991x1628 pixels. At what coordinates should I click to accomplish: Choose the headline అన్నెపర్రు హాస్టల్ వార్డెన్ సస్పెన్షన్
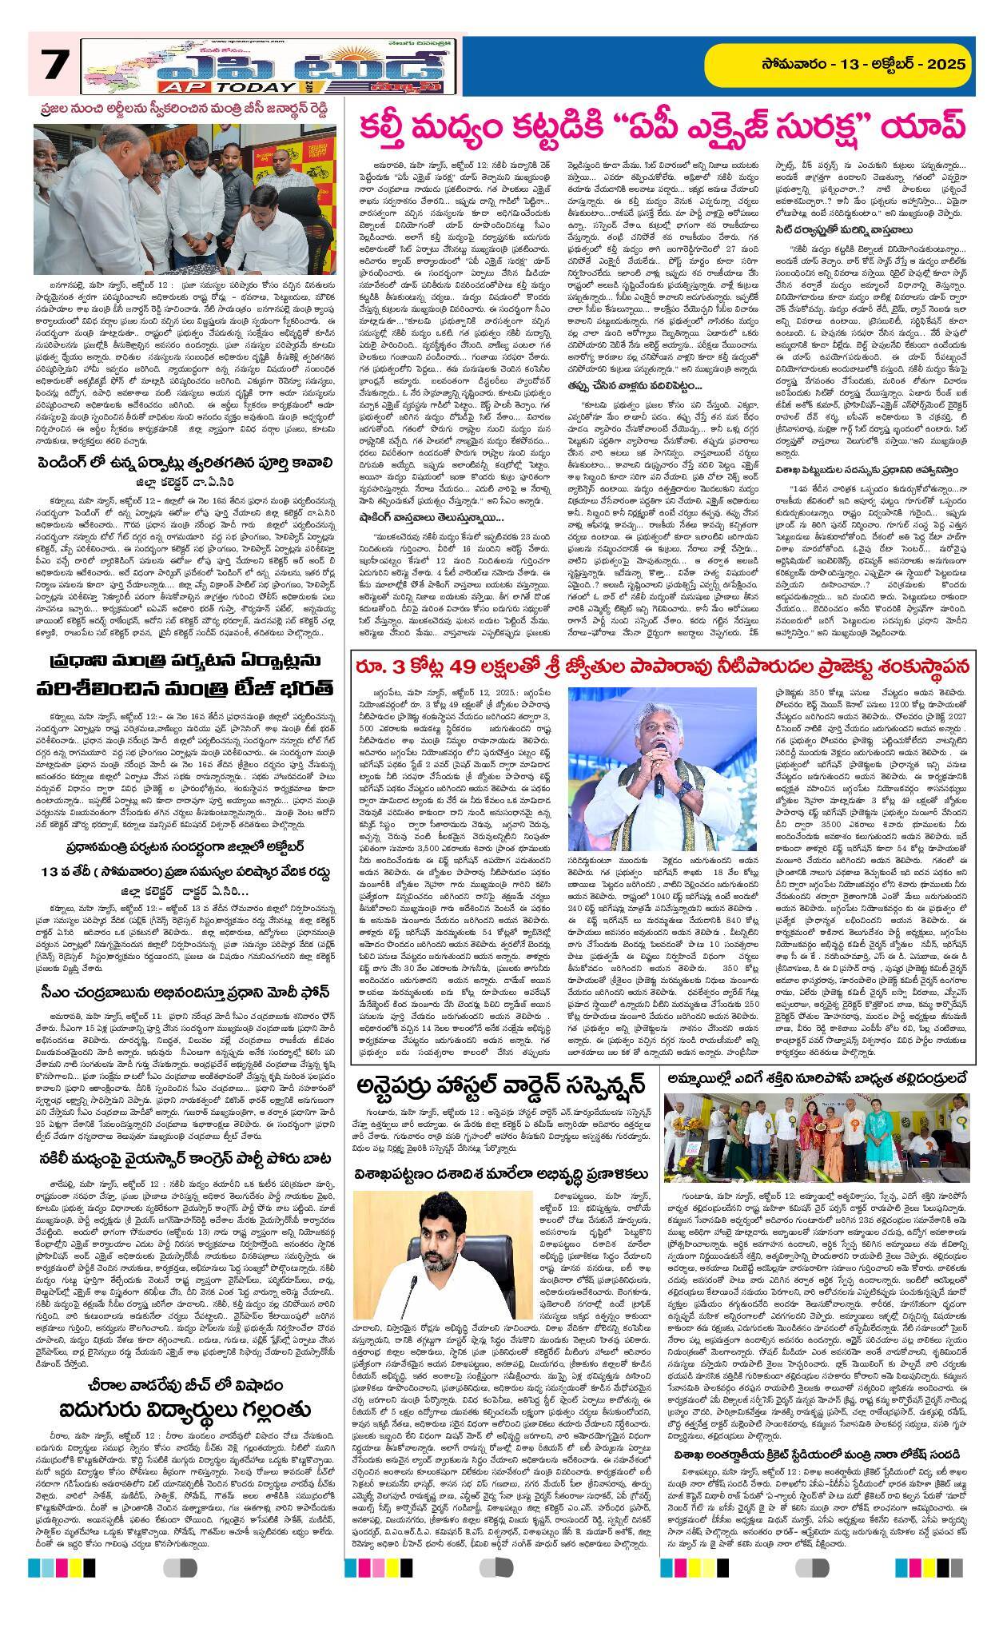click(500, 1089)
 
